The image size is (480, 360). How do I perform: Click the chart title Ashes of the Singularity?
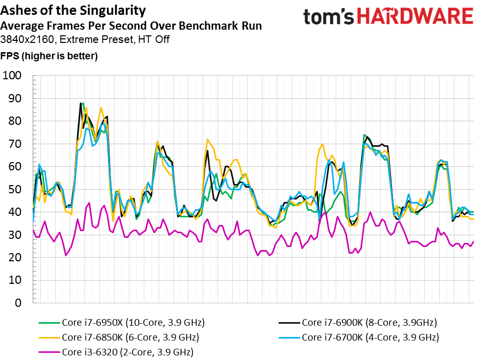73,11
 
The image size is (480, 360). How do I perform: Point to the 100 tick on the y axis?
12,75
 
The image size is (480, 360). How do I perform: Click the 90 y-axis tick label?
15,98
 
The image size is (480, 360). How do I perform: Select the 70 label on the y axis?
15,144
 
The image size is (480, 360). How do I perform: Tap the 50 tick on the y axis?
15,189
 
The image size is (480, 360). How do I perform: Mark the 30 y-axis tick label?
15,235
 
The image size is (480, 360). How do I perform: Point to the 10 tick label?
15,280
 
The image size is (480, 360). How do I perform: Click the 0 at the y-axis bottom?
18,303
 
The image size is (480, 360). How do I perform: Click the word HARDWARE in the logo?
416,16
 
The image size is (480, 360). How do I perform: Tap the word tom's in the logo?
329,17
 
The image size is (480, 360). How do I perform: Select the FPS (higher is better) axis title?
49,56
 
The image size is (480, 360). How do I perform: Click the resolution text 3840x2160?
28,39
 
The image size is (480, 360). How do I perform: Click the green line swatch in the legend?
49,323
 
